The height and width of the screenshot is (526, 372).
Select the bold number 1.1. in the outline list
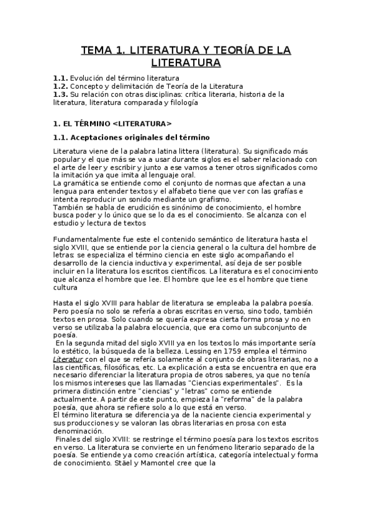point(60,78)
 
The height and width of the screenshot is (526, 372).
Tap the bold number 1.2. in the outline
point(60,86)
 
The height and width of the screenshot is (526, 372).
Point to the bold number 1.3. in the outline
point(60,94)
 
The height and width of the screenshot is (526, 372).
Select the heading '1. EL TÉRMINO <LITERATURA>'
point(112,123)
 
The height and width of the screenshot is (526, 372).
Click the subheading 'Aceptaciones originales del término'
point(140,136)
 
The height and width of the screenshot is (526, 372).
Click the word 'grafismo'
point(222,200)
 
